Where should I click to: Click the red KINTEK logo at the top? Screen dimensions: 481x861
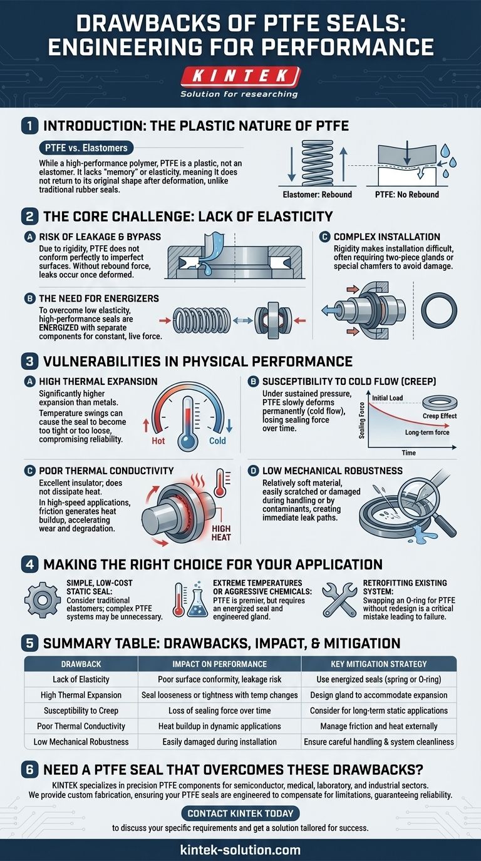tap(240, 76)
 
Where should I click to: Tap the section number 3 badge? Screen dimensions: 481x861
tap(30, 362)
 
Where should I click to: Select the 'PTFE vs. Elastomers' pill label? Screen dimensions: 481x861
tap(86, 148)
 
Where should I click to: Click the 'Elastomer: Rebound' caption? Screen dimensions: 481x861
tap(318, 195)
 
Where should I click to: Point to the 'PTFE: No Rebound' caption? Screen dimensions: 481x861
tap(407, 195)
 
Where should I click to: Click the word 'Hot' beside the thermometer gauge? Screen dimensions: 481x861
tap(158, 441)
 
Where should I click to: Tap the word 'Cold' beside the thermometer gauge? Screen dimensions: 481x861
tap(217, 441)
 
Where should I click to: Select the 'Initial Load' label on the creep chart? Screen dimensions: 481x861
tap(388, 398)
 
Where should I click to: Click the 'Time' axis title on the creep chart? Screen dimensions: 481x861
tap(408, 453)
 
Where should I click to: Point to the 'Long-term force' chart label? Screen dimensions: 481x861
tap(427, 432)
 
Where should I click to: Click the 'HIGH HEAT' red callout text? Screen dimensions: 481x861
tap(221, 533)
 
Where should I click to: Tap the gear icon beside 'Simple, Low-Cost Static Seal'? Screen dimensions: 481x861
tap(43, 600)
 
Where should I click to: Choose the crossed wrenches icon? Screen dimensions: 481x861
tap(339, 599)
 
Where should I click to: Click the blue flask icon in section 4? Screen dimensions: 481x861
tap(197, 600)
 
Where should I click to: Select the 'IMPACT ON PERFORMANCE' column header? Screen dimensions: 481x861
tap(219, 664)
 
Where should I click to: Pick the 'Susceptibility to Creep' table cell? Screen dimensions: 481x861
tap(81, 711)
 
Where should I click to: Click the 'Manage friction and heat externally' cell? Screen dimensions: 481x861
tap(379, 726)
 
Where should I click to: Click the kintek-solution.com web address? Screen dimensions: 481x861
tap(240, 850)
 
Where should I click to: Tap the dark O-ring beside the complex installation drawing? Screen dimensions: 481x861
tap(439, 310)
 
